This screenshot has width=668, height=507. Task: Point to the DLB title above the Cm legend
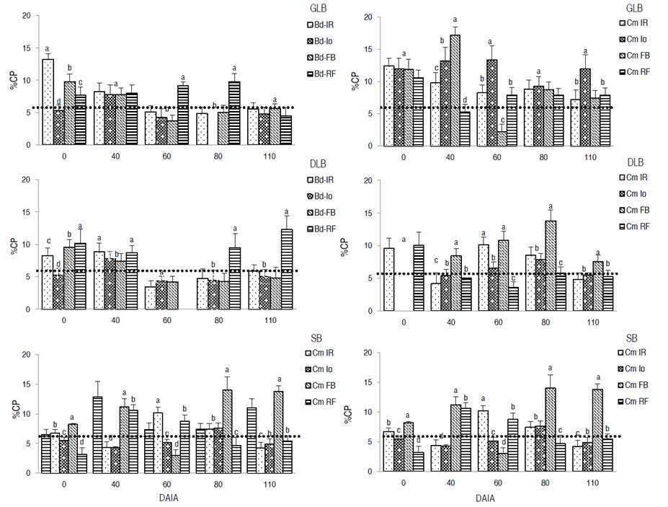pos(635,163)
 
